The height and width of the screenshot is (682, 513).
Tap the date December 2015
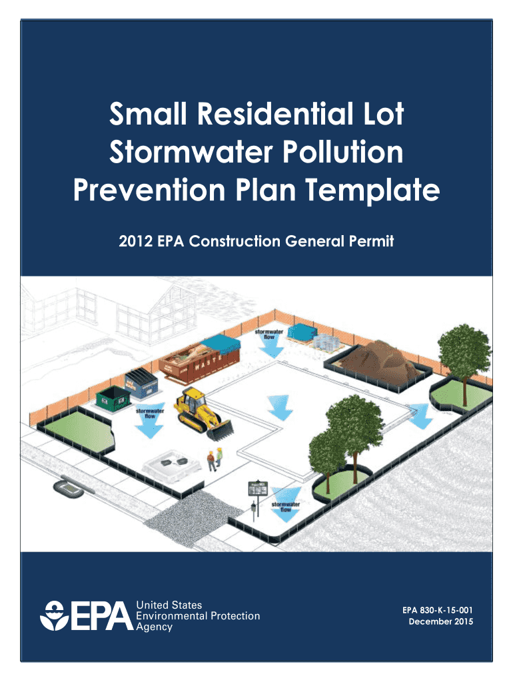(440, 622)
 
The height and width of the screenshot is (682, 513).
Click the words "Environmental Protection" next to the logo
(198, 616)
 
